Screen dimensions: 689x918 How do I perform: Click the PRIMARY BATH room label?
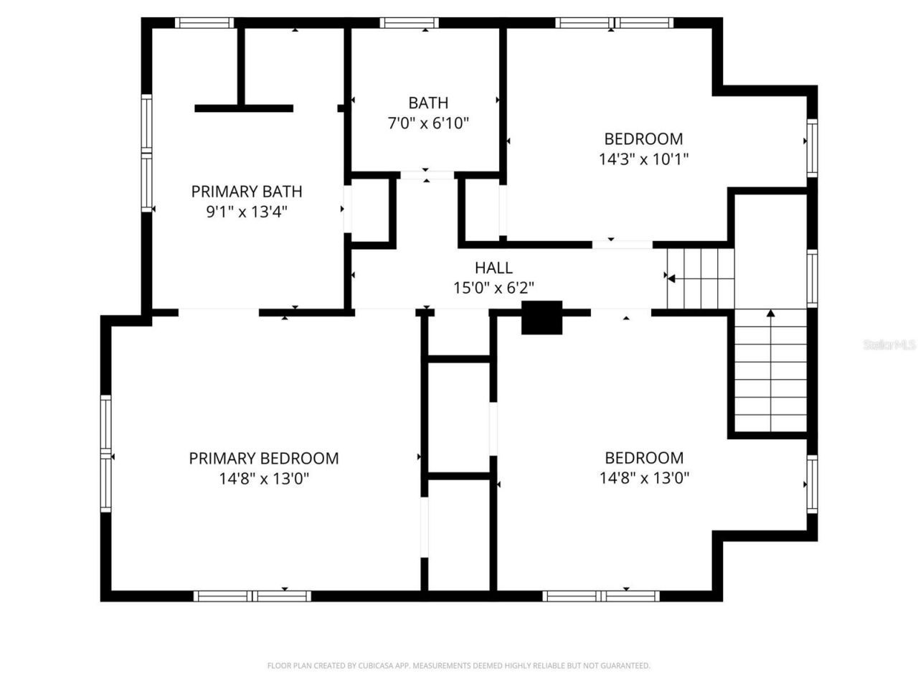tap(246, 192)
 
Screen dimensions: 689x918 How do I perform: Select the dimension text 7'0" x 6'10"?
tap(428, 123)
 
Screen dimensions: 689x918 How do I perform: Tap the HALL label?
tap(493, 268)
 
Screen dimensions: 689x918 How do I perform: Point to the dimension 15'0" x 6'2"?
tap(493, 288)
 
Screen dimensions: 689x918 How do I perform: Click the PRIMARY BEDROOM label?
tap(263, 458)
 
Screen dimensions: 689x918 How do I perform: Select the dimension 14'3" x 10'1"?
tap(643, 159)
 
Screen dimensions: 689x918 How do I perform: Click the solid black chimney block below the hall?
tap(541, 317)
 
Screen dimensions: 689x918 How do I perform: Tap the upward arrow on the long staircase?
tap(771, 313)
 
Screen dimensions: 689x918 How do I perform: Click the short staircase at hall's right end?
tap(700, 276)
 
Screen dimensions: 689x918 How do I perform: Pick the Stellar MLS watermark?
tap(889, 344)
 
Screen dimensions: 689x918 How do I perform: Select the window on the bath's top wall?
tap(409, 22)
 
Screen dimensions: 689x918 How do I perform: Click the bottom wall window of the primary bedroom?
tap(252, 596)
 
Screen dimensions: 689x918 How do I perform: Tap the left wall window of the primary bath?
tap(146, 154)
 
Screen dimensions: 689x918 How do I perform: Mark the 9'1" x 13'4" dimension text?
tap(246, 212)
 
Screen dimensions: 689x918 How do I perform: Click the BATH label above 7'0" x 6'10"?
tap(428, 103)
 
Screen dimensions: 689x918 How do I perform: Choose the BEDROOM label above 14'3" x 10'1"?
tap(643, 139)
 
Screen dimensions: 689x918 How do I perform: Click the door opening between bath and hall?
tap(427, 175)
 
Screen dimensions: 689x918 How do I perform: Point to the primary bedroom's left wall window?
tap(106, 454)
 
